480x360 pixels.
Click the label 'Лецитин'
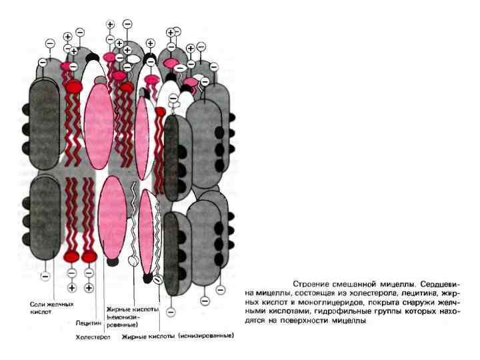(87, 323)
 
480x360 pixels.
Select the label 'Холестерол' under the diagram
(92, 337)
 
